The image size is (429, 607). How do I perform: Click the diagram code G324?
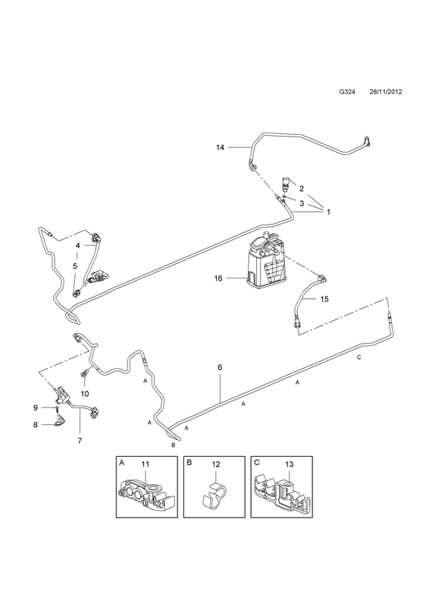click(x=347, y=92)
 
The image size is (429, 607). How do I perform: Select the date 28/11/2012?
click(x=385, y=92)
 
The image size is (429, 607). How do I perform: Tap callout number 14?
click(x=220, y=147)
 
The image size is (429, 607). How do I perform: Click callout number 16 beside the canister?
click(x=218, y=278)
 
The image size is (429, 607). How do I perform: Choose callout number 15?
click(x=324, y=299)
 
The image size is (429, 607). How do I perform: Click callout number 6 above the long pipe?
click(x=220, y=367)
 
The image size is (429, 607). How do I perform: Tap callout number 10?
click(x=85, y=394)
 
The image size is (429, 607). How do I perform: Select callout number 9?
click(x=35, y=407)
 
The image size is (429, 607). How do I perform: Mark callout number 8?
click(x=35, y=425)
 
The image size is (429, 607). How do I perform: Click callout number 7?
click(x=80, y=440)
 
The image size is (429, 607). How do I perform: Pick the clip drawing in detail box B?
click(x=213, y=497)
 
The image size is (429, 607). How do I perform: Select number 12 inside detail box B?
click(x=216, y=464)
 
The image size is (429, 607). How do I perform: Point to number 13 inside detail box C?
click(x=289, y=464)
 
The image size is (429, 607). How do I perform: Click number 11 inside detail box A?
click(x=145, y=464)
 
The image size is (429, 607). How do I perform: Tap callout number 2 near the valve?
click(x=302, y=188)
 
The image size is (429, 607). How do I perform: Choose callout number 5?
click(x=75, y=266)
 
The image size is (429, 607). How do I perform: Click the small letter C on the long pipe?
click(x=359, y=357)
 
